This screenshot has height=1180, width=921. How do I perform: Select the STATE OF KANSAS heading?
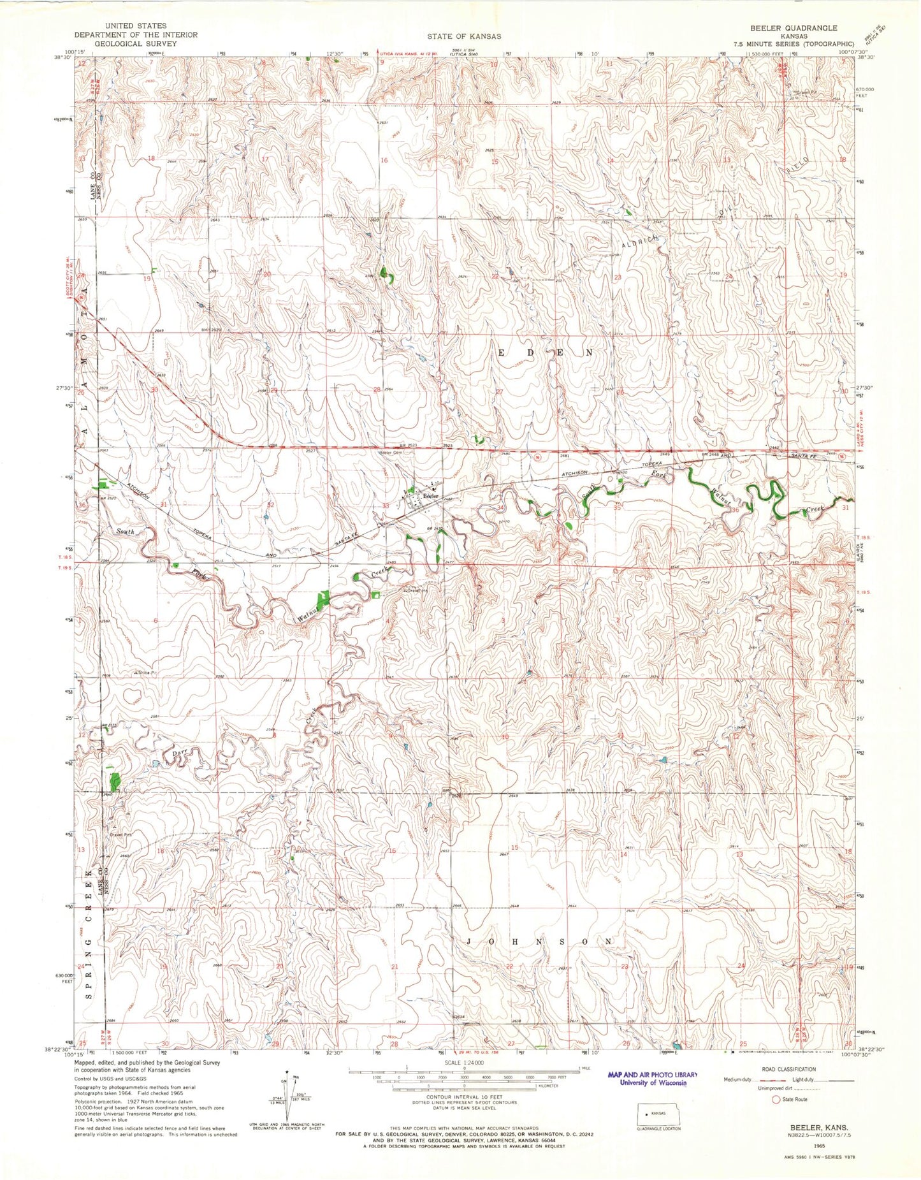click(463, 37)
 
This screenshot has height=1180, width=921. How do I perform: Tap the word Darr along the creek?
click(179, 754)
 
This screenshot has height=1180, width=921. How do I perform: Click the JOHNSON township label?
click(540, 942)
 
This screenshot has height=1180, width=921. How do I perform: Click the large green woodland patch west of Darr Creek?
click(115, 780)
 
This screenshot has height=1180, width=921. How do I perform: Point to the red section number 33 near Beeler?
click(385, 506)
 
